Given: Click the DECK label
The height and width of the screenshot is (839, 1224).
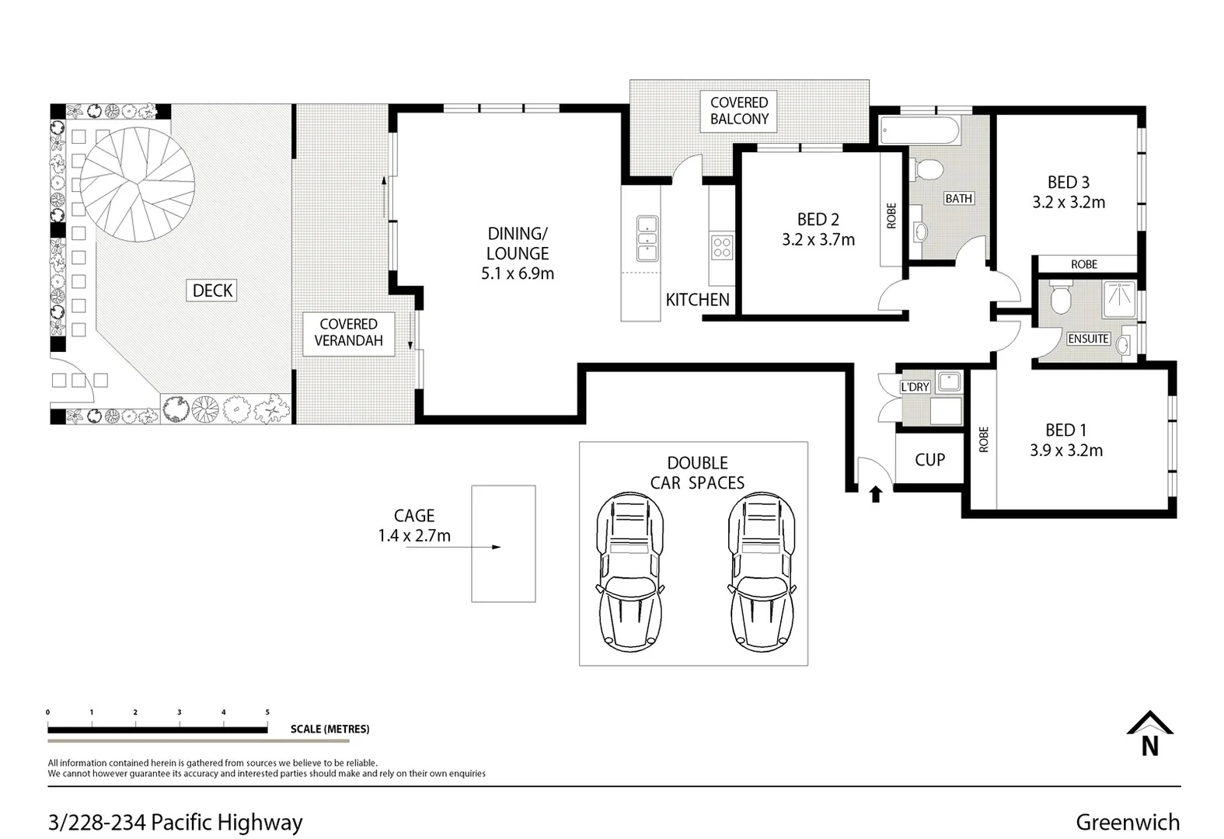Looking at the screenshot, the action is [x=213, y=290].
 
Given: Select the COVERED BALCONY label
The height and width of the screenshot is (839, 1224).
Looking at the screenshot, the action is [x=739, y=111].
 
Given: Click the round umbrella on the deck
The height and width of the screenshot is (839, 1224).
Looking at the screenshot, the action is [x=137, y=184].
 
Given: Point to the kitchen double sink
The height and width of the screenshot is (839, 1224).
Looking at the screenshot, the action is [x=647, y=238].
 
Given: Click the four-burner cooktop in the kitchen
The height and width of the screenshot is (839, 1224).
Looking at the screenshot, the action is [x=722, y=247].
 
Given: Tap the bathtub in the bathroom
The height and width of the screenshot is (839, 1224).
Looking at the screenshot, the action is [x=919, y=131].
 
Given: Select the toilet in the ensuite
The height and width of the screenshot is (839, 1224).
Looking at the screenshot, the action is [x=1061, y=298].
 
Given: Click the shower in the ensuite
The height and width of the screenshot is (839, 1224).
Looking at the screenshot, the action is [x=1120, y=299].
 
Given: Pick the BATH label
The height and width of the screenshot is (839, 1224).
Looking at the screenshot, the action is [x=958, y=198].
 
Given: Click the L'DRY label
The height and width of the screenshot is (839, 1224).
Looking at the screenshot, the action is [x=915, y=387].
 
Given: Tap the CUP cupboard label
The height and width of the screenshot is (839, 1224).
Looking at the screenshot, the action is [x=929, y=460].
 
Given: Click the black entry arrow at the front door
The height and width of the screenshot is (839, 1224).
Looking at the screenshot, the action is [x=876, y=494].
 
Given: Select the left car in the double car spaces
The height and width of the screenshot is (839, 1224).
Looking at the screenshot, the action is [x=630, y=571].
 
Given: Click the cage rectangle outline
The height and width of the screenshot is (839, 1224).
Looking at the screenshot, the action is [x=473, y=544].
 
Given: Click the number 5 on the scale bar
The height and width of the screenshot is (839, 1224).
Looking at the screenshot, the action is [x=267, y=712].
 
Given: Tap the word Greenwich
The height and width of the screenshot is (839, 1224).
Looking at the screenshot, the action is [x=1128, y=822].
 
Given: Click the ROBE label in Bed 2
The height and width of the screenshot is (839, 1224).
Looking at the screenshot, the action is [x=891, y=216].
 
